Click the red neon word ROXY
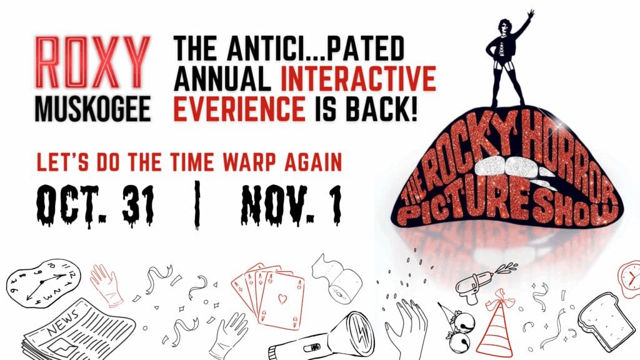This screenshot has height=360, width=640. click(92, 62)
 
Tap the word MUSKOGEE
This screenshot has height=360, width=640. click(93, 109)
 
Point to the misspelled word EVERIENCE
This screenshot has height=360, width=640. click(239, 109)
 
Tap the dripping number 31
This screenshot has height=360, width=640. click(138, 204)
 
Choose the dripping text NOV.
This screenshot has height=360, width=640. click(279, 204)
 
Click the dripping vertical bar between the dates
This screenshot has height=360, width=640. click(197, 204)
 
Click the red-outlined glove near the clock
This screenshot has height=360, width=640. click(106, 285)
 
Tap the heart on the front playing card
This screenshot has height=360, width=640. click(282, 299)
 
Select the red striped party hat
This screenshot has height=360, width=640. click(496, 324)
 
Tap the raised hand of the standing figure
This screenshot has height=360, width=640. click(529, 15)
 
